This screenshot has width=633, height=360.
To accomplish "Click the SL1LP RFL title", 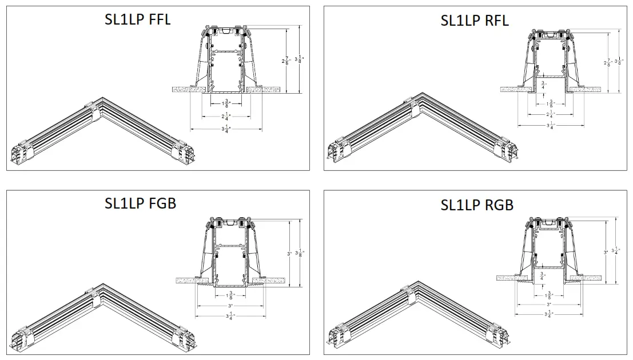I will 474,21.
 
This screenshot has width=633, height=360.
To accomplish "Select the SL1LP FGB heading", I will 140,203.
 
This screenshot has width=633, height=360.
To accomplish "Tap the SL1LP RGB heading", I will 477,205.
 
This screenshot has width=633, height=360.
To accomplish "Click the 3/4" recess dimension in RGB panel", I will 543,276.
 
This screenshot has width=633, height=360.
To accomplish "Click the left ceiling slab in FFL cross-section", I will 188,90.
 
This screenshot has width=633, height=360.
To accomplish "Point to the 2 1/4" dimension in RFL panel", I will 542,114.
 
